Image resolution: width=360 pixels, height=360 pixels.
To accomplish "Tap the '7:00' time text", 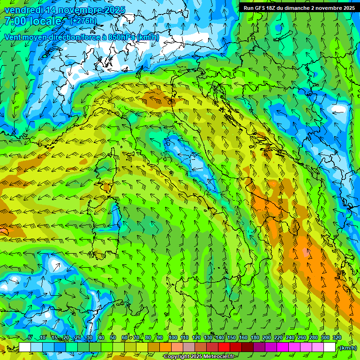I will click(15, 21).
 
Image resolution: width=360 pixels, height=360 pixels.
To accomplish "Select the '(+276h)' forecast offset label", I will click(83, 21).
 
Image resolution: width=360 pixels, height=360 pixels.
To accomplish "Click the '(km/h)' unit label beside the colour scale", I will click(348, 347).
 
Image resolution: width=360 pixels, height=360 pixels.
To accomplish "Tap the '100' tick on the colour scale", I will click(173, 338).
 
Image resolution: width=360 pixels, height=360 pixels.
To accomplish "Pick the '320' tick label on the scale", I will click(337, 338).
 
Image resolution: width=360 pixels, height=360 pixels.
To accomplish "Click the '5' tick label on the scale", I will click(30, 338).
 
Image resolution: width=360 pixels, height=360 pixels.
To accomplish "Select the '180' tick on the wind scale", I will click(255, 338).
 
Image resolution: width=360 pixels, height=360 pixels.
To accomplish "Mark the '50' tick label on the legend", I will click(113, 338).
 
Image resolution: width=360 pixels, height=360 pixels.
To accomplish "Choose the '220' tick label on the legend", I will click(278, 338).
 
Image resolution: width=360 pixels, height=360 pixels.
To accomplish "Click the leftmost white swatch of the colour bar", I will click(25, 347).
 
